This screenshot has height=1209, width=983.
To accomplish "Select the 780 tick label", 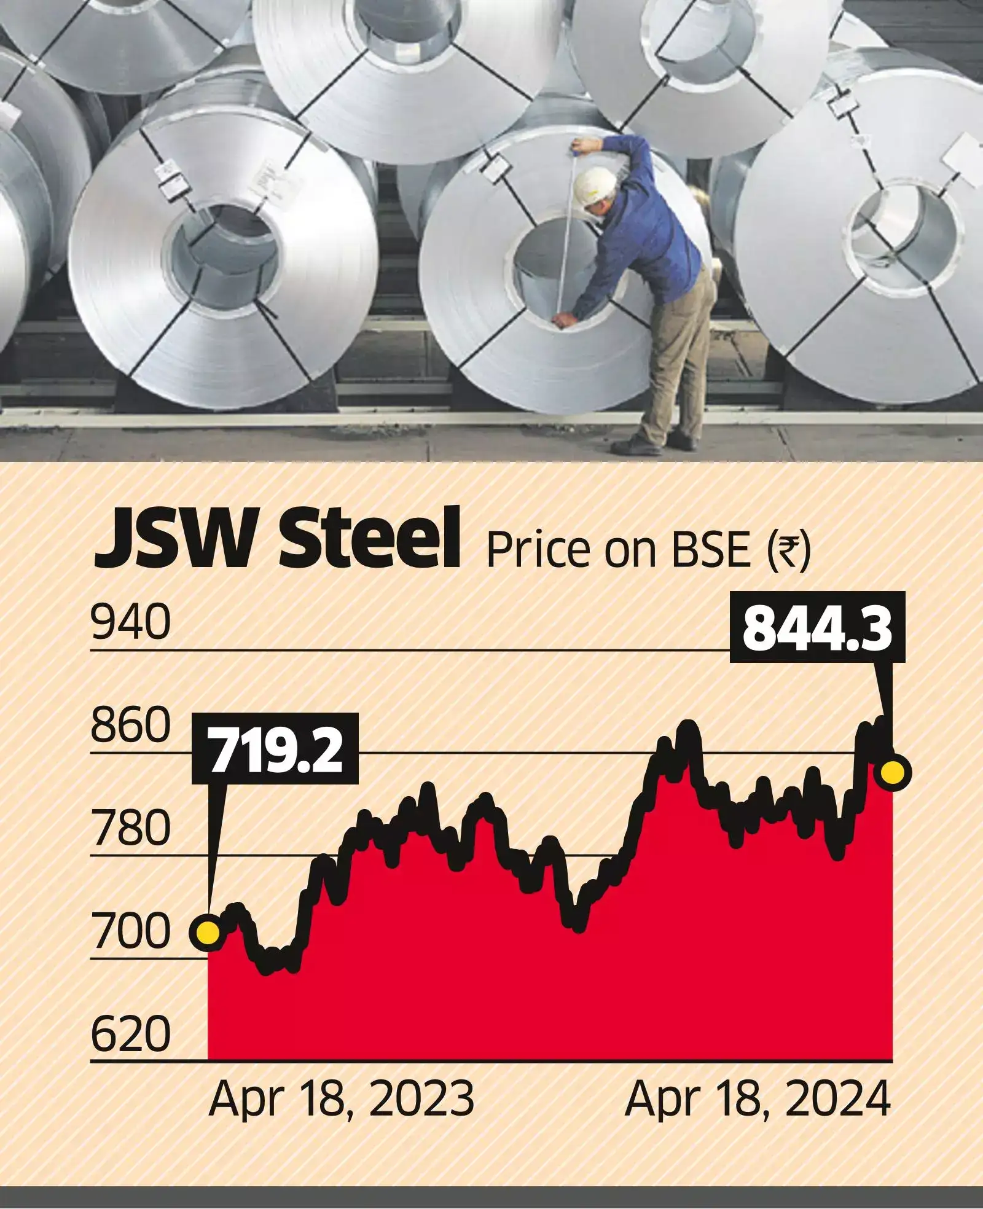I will tap(130, 828).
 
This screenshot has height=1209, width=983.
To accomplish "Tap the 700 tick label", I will tap(130, 931).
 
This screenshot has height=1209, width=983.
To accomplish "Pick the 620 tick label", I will tap(130, 1034).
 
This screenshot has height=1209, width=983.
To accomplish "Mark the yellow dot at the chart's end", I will tap(893, 772).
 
